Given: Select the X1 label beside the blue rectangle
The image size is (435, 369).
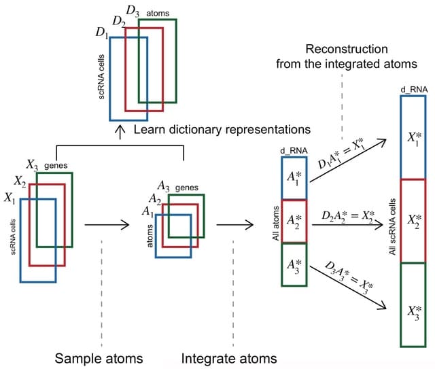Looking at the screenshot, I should tap(10, 198).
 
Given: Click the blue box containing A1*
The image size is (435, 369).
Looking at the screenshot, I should tap(294, 179).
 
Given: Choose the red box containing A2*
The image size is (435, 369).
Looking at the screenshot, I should tap(294, 221).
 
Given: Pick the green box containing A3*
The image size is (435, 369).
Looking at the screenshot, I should tap(294, 264).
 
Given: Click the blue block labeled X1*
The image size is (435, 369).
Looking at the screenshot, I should tap(413, 137).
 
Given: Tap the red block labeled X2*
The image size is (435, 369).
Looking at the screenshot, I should tap(413, 219).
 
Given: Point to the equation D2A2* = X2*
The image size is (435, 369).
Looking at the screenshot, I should tap(345, 216).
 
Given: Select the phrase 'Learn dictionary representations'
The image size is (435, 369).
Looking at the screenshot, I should tap(222, 128).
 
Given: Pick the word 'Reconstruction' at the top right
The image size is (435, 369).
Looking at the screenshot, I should tap(347, 50).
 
